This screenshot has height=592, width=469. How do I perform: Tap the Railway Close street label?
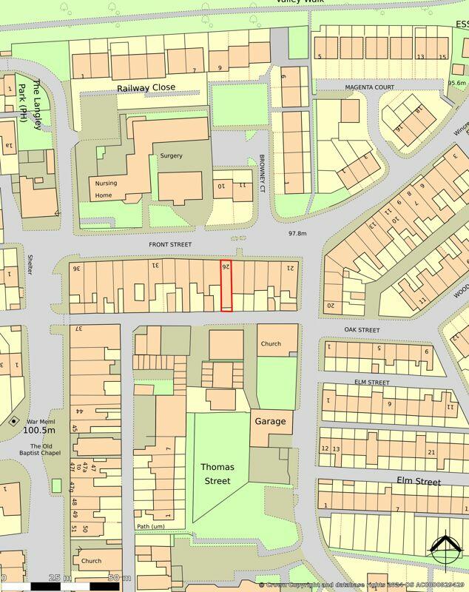point(146,87)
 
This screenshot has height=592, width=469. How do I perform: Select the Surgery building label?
point(171,156)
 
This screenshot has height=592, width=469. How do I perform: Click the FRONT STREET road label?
point(169,244)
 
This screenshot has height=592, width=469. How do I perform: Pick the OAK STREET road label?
point(362,329)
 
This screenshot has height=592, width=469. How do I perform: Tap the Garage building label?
point(270,421)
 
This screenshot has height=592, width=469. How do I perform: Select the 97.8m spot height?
point(297,233)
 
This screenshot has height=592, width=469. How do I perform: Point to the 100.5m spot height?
point(39,430)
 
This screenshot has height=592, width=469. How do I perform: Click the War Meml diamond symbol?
point(13,421)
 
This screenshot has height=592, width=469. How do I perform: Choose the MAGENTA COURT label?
point(370,87)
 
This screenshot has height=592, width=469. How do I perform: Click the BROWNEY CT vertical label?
point(262,175)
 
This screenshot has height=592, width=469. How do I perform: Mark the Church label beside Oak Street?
point(271,343)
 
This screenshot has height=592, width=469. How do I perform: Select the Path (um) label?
point(150,527)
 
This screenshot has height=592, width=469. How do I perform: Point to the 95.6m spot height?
point(456,83)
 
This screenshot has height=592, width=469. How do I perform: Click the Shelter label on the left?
point(30,266)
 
